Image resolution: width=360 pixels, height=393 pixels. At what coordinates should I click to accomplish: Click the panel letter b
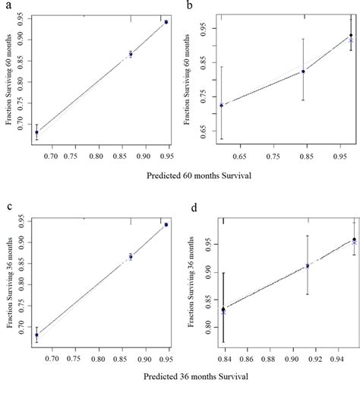pos(199,5)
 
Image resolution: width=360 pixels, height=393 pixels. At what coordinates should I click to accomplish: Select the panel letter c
pos(8,208)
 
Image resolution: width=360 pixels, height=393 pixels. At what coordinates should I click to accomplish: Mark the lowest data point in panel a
pos(36,132)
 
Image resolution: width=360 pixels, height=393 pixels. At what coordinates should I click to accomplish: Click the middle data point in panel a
pos(131,54)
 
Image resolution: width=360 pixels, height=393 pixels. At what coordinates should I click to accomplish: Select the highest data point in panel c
pos(166,225)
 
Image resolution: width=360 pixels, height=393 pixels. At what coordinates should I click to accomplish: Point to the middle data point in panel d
pos(308,265)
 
